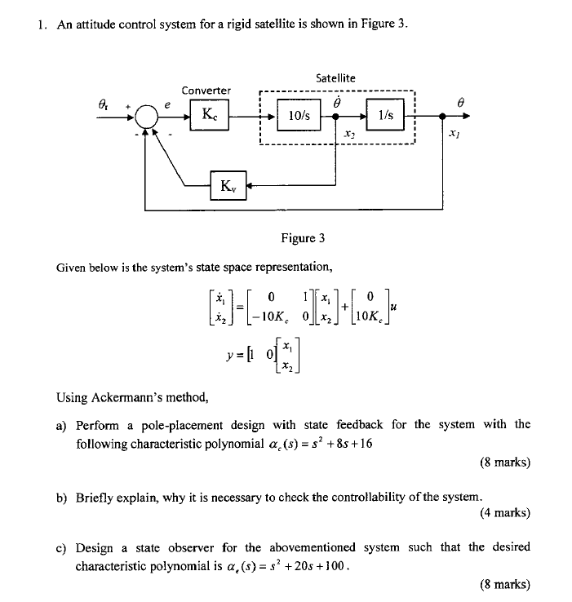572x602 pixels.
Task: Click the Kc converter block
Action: click(x=211, y=116)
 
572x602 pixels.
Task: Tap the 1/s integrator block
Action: click(x=386, y=116)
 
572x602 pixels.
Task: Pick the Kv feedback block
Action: click(x=227, y=186)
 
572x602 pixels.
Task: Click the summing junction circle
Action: click(x=147, y=117)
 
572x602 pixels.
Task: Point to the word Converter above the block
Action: click(x=206, y=90)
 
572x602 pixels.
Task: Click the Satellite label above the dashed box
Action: click(x=335, y=77)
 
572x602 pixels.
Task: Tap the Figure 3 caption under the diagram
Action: click(x=303, y=237)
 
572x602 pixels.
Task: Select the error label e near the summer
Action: click(x=167, y=104)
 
